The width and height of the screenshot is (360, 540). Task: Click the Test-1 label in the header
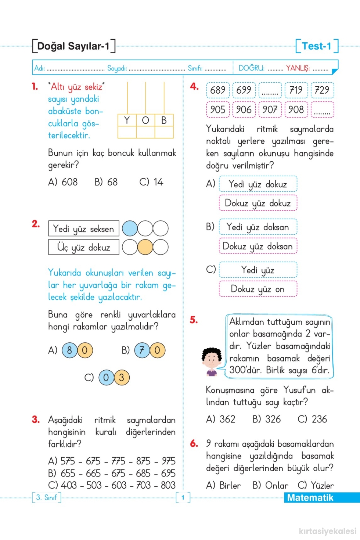coord(317,46)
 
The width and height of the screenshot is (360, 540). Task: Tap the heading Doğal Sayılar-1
coord(73,46)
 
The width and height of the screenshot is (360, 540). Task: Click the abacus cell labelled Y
coord(127,120)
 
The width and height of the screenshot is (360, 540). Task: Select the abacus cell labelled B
coord(164,120)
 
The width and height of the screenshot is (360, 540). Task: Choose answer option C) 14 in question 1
coord(151,182)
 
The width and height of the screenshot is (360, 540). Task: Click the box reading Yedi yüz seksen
coord(84,228)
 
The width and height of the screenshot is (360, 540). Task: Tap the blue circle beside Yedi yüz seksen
coord(130,228)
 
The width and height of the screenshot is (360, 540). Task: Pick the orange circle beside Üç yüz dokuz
coord(145,247)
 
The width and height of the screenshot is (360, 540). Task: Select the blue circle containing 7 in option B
coord(142,350)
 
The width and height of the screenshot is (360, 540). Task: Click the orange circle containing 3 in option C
coord(122,378)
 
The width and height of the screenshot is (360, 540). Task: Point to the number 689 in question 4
coord(218,90)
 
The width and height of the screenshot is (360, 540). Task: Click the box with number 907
coord(270,110)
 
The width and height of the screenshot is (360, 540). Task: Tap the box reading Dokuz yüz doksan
coord(258,246)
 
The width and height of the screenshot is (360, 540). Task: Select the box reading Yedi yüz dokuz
coord(258,184)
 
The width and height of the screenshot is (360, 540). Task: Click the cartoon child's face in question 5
coord(212,359)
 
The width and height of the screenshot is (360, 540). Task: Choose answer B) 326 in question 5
coord(267,419)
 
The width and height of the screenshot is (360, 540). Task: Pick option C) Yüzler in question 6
coord(316,485)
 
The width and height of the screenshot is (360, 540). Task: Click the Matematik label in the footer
coord(310,498)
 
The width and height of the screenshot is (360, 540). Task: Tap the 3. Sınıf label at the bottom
coord(46,497)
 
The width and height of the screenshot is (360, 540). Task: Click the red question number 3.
coord(36,420)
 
